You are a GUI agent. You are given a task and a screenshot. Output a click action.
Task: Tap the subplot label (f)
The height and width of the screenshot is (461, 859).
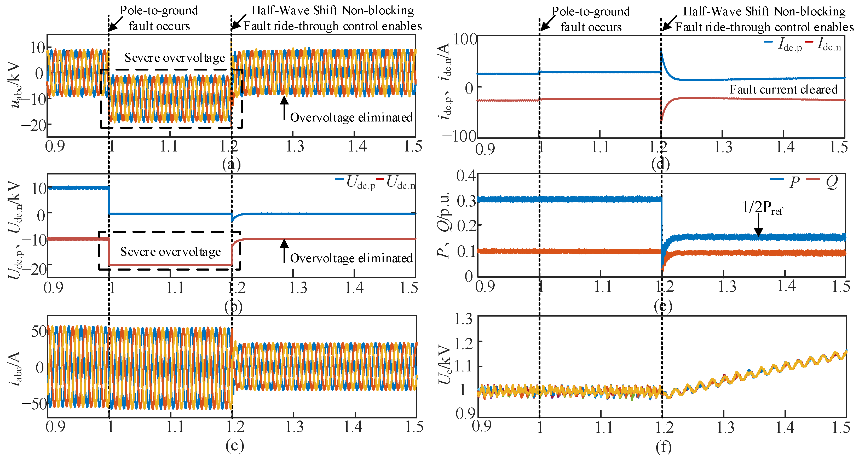coord(663,447)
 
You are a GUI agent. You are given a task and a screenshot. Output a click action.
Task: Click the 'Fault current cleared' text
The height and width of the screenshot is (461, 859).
coord(783,89)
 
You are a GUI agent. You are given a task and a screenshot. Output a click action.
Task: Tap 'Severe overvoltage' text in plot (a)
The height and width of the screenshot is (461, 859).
coord(174,58)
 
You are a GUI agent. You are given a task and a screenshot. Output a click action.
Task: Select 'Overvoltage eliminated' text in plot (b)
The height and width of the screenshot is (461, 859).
coord(351,258)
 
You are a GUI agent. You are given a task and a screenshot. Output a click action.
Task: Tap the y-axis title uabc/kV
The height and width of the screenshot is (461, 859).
coord(15,85)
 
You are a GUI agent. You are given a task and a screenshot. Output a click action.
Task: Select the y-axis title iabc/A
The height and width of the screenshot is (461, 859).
coord(15,368)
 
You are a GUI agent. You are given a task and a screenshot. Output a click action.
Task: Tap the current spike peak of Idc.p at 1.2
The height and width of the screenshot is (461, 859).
coord(662,51)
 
